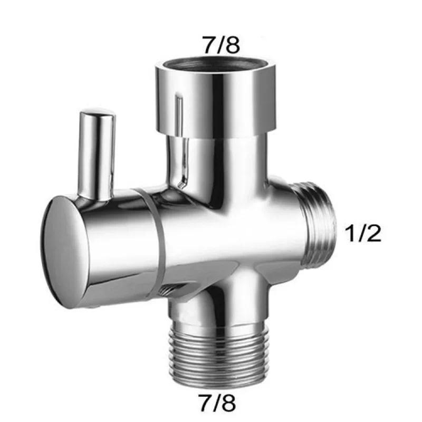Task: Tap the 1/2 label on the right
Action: [362, 233]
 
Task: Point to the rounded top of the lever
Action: [96, 115]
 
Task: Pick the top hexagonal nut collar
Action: [208, 100]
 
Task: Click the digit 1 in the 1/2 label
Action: [348, 233]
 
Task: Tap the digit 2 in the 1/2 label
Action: [373, 233]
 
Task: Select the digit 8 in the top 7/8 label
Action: [233, 45]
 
